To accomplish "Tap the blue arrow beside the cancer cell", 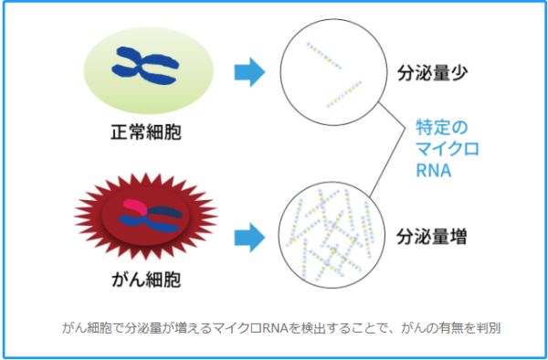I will (x=248, y=238).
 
